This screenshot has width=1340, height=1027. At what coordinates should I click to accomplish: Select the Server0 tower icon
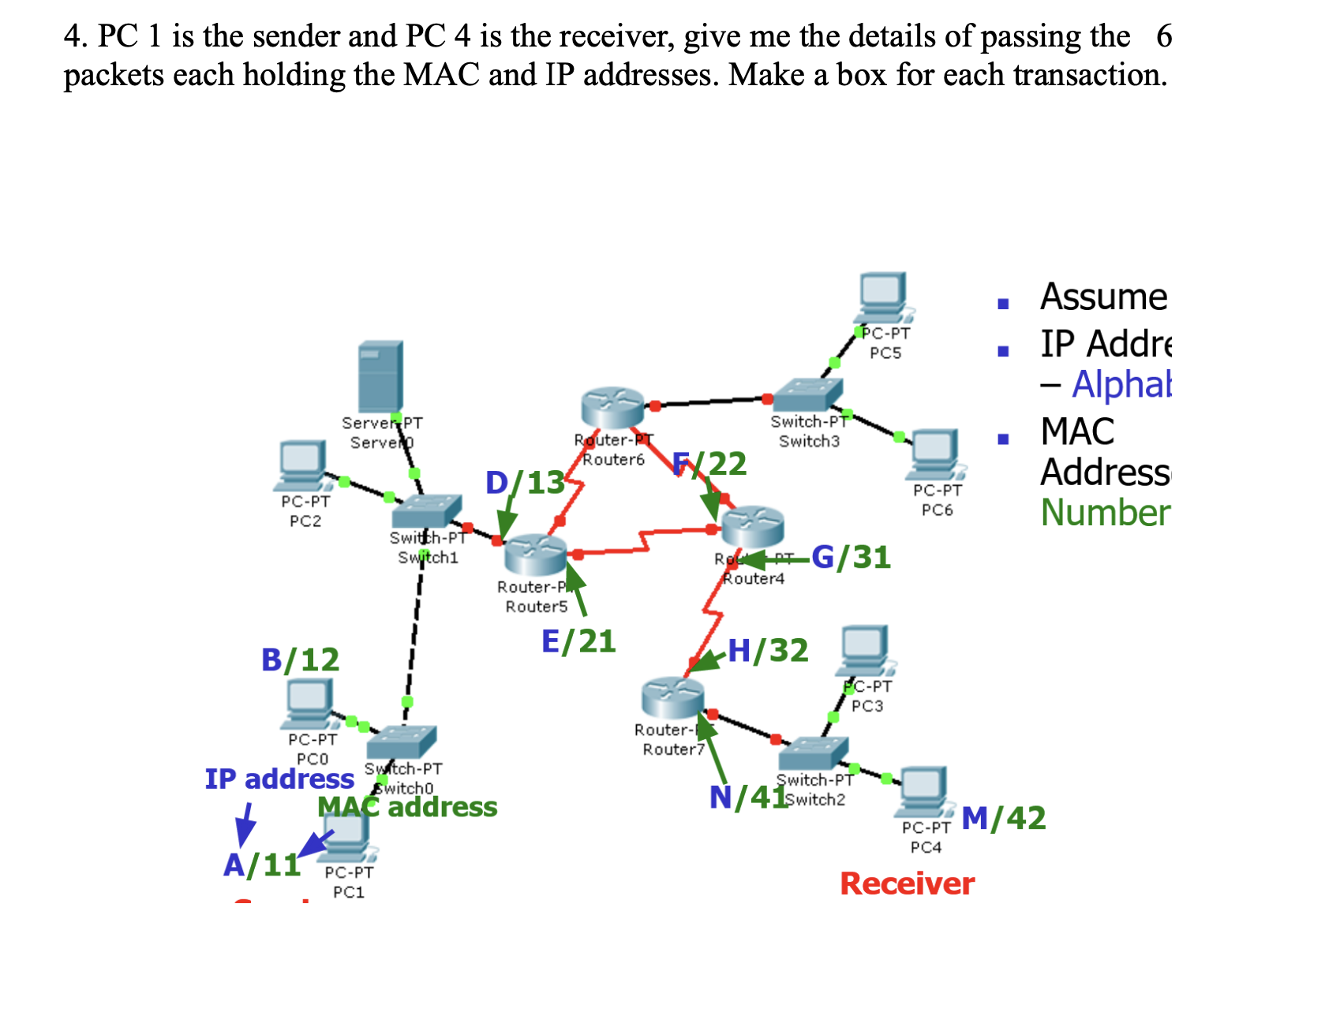tap(380, 376)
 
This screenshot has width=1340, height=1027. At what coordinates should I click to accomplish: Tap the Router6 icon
tap(612, 407)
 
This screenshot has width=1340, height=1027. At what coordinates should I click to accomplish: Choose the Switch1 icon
tap(426, 511)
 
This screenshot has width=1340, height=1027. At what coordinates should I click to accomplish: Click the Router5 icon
tap(536, 554)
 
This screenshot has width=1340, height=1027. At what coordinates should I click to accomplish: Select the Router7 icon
tap(672, 696)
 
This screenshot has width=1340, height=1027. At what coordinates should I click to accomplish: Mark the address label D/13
tap(525, 483)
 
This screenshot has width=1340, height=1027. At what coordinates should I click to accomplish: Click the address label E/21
tap(578, 642)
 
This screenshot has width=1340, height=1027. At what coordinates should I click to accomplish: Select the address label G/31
tap(851, 558)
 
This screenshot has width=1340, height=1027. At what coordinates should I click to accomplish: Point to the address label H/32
tap(768, 651)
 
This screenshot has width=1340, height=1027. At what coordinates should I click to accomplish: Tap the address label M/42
tap(1003, 819)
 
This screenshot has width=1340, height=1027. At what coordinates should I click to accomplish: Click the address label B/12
tap(300, 659)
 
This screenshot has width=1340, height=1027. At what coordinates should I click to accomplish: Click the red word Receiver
tap(907, 884)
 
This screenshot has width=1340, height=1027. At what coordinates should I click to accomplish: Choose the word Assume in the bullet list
tap(1103, 297)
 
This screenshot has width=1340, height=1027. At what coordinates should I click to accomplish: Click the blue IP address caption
tap(279, 779)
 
